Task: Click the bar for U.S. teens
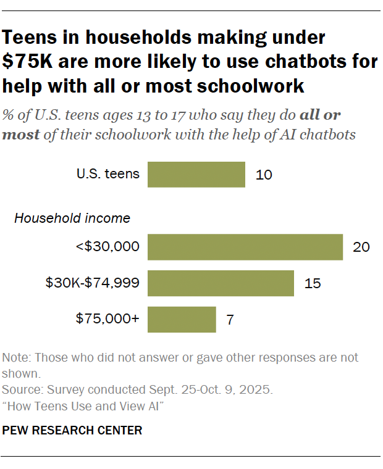pyautogui.click(x=196, y=175)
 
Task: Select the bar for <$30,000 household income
pyautogui.click(x=245, y=247)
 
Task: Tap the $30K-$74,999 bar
pyautogui.click(x=221, y=283)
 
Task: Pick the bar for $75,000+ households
pyautogui.click(x=182, y=320)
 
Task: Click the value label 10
pyautogui.click(x=264, y=175)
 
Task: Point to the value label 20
pyautogui.click(x=361, y=247)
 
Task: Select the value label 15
pyautogui.click(x=313, y=283)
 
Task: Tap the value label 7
pyautogui.click(x=230, y=320)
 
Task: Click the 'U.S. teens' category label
pyautogui.click(x=108, y=175)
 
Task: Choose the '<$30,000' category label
pyautogui.click(x=107, y=247)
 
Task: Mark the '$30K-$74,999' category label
pyautogui.click(x=93, y=283)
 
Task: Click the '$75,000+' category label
pyautogui.click(x=107, y=320)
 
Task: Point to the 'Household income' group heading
pyautogui.click(x=72, y=218)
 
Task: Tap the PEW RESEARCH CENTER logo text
pyautogui.click(x=72, y=430)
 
